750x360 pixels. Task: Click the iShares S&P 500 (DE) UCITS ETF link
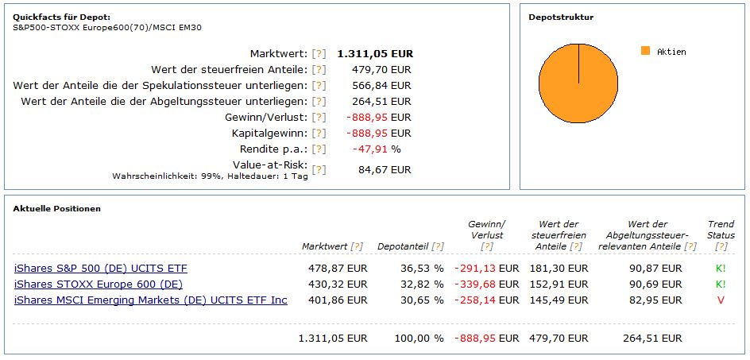(101, 268)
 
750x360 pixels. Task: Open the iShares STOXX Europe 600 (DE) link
(99, 284)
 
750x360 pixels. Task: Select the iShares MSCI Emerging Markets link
(151, 300)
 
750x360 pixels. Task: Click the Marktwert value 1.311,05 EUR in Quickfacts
(375, 53)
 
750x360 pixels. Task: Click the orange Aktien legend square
(645, 51)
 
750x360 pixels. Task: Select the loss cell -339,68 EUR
(486, 284)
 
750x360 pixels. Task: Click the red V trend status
(721, 300)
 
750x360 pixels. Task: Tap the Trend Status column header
(721, 230)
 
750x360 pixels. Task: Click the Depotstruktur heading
(561, 17)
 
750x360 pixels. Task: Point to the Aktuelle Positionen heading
(56, 208)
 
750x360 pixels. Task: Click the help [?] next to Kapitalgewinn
(319, 133)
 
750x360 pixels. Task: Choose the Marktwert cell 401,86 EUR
(338, 300)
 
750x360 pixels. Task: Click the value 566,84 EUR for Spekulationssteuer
(381, 85)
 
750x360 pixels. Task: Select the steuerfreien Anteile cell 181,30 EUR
(559, 268)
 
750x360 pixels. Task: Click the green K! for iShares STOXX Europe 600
(721, 284)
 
